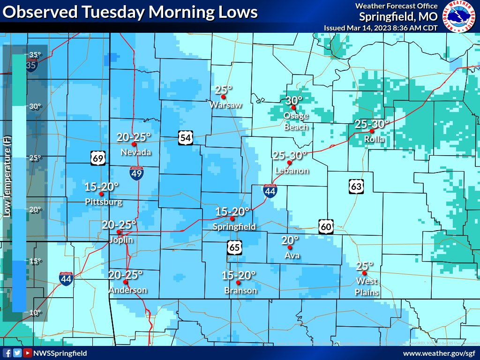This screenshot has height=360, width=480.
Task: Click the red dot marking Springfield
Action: pos(232,219)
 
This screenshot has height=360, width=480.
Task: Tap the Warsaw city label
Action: pos(225,105)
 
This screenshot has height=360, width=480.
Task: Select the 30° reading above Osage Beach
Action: pos(294,100)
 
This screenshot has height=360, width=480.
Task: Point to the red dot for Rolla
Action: pos(372,131)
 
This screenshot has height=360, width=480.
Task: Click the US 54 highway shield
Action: pos(185,137)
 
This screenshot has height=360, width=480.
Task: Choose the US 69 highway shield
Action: pos(97,158)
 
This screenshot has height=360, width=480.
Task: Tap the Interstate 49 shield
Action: pos(137,173)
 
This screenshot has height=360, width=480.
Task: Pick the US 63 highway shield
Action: pos(356,187)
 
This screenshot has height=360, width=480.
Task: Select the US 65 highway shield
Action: pos(235,247)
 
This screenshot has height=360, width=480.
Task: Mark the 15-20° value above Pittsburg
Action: pos(102,187)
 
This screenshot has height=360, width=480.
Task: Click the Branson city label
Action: pos(240,291)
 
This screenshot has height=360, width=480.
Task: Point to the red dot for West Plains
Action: pos(364,273)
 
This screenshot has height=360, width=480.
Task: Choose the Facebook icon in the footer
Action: pos(7,353)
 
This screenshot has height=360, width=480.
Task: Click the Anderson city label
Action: pos(127,290)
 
